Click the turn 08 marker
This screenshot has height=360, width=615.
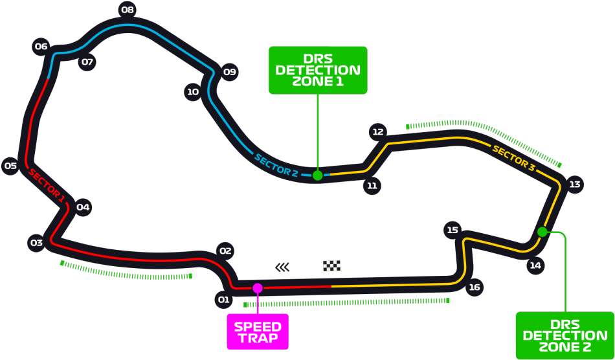pyautogui.click(x=128, y=10)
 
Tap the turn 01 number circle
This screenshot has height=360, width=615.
pyautogui.click(x=223, y=300)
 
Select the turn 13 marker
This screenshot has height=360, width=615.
pyautogui.click(x=575, y=184)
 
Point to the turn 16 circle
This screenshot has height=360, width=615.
pyautogui.click(x=474, y=287)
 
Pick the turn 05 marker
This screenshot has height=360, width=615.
pyautogui.click(x=10, y=166)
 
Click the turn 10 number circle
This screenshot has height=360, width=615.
pyautogui.click(x=193, y=92)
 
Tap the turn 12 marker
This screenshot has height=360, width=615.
pyautogui.click(x=377, y=132)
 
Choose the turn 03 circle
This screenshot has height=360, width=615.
pyautogui.click(x=36, y=243)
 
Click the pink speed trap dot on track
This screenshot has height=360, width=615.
pyautogui.click(x=257, y=288)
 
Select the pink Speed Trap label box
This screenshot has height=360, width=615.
pyautogui.click(x=258, y=332)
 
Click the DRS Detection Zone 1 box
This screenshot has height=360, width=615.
pyautogui.click(x=318, y=70)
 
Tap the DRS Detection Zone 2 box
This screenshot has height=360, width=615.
pyautogui.click(x=565, y=335)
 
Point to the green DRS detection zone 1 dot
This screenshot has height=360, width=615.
pyautogui.click(x=318, y=175)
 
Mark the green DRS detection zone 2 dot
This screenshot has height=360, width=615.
pyautogui.click(x=542, y=232)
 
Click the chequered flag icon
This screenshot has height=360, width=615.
pyautogui.click(x=332, y=266)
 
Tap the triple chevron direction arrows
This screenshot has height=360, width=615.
pyautogui.click(x=282, y=267)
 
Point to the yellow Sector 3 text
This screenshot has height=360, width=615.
pyautogui.click(x=513, y=157)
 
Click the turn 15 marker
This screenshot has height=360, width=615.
pyautogui.click(x=453, y=230)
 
